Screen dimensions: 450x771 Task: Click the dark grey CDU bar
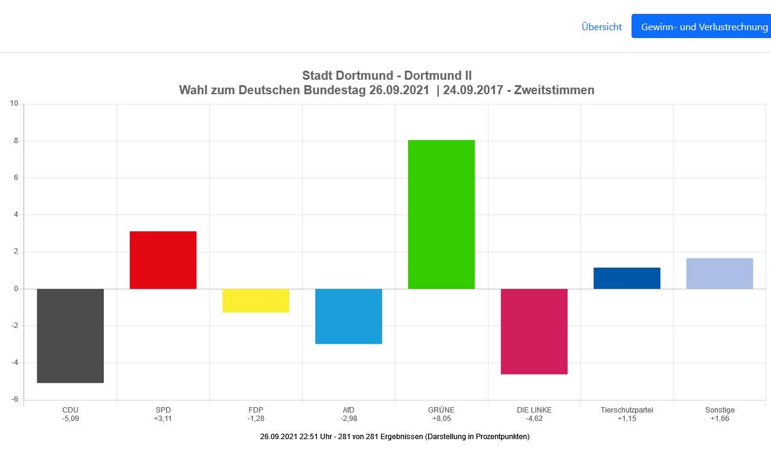(x=70, y=335)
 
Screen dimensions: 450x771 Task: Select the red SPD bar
(x=163, y=260)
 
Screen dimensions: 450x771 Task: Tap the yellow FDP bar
(x=256, y=300)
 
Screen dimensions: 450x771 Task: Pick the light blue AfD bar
(x=348, y=316)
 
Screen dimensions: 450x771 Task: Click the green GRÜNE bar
(x=441, y=214)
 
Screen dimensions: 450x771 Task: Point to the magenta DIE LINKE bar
(x=534, y=331)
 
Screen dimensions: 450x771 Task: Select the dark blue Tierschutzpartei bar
(x=627, y=278)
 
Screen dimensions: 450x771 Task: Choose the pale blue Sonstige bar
(x=720, y=273)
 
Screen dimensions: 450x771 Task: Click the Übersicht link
(x=601, y=27)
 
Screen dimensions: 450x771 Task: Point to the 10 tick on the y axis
(x=14, y=104)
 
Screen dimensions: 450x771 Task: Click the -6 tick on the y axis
(x=15, y=400)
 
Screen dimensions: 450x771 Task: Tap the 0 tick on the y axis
(x=17, y=289)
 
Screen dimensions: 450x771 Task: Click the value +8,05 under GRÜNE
(x=441, y=419)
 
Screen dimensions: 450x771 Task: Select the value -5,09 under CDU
(x=70, y=419)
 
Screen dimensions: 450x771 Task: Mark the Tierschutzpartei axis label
(x=627, y=410)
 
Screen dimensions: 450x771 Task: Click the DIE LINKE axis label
(x=534, y=410)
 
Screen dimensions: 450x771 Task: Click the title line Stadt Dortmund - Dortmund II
(x=386, y=76)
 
